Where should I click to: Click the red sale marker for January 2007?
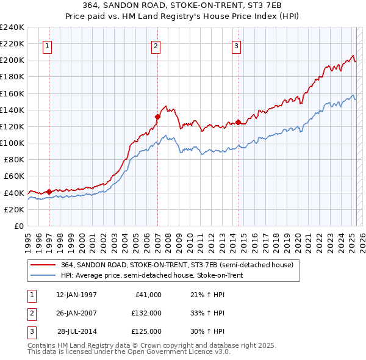tap(157, 117)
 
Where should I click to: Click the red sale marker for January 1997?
tap(49, 192)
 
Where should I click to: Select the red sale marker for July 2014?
tap(238, 122)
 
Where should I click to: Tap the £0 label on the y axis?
tap(20, 226)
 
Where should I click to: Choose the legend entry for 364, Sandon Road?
tap(177, 265)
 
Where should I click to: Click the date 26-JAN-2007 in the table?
tap(76, 313)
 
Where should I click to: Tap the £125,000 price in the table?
tap(146, 331)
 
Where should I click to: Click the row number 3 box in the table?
tap(30, 331)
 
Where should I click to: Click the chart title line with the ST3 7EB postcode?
tap(182, 7)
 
